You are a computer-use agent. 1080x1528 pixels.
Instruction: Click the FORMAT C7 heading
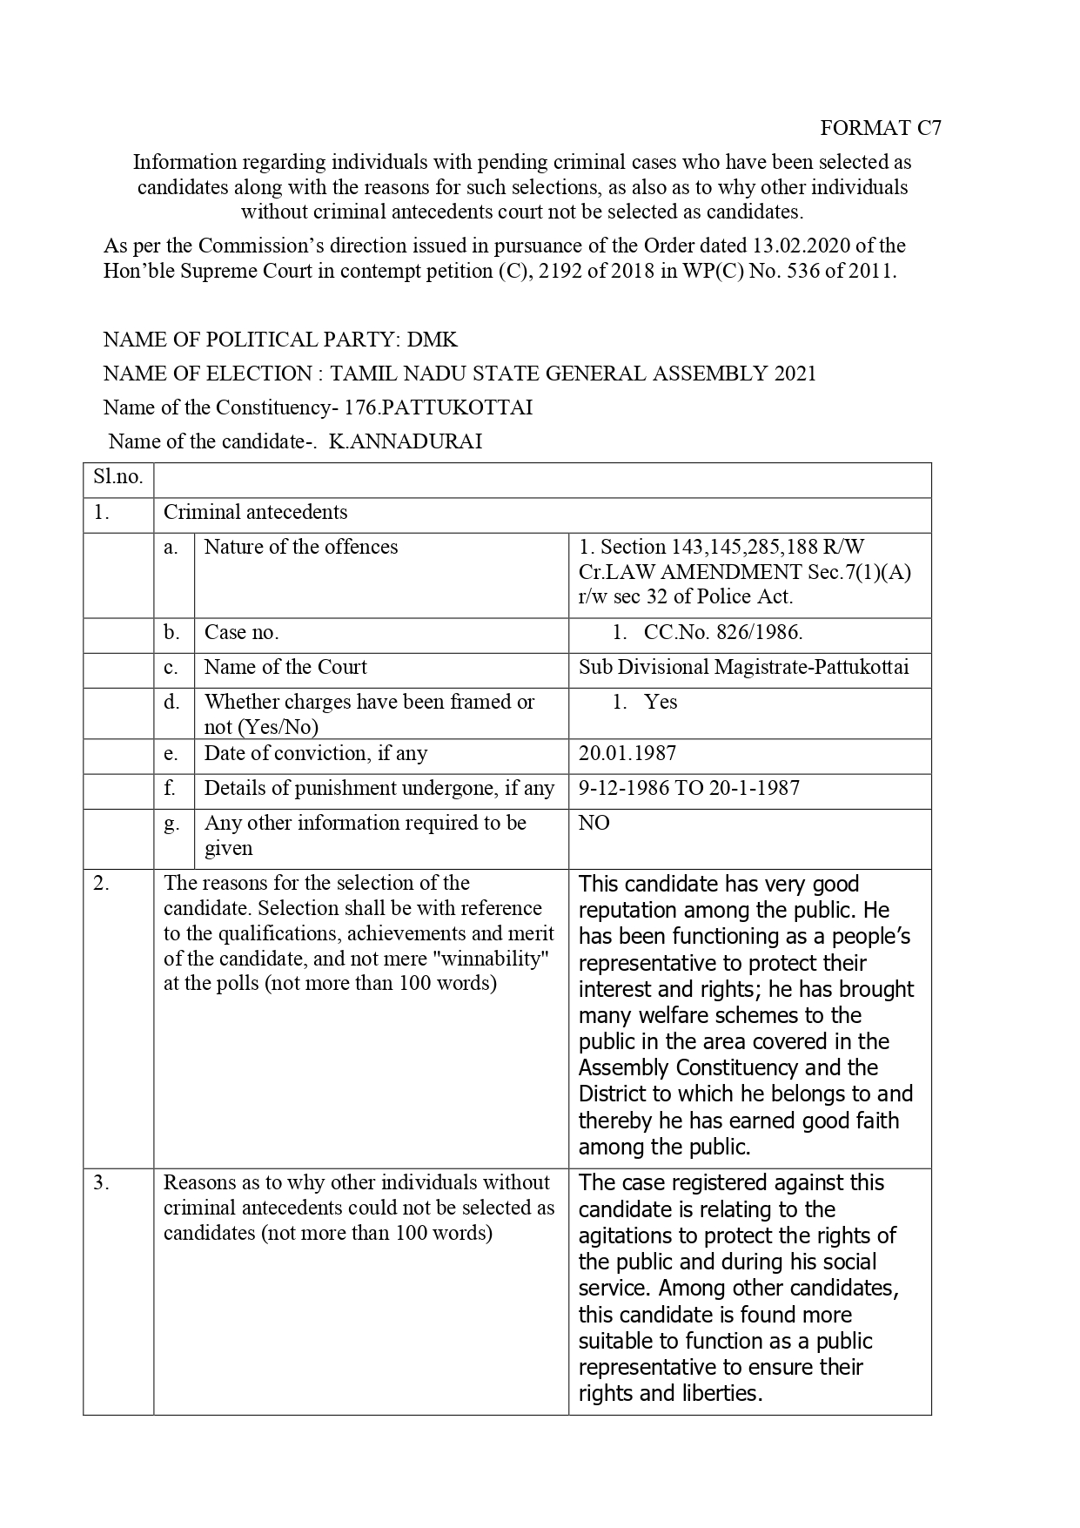(880, 128)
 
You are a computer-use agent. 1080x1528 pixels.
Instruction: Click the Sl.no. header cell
(118, 477)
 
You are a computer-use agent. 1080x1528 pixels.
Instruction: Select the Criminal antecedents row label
(255, 512)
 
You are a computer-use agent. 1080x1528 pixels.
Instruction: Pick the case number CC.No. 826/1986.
(722, 632)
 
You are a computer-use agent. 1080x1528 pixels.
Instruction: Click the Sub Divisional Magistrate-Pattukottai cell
(743, 667)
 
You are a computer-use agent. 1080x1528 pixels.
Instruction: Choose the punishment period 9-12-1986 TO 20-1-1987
(688, 788)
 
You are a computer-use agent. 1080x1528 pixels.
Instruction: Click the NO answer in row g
(594, 823)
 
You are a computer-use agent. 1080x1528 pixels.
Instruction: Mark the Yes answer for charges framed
(661, 702)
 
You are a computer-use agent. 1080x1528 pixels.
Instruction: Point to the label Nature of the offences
(300, 547)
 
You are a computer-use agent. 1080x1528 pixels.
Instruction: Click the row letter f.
(171, 788)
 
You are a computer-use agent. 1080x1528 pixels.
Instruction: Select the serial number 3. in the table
(102, 1182)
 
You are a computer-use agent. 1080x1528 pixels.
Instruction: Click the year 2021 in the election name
(795, 374)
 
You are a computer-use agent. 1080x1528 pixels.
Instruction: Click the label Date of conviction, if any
(315, 753)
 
